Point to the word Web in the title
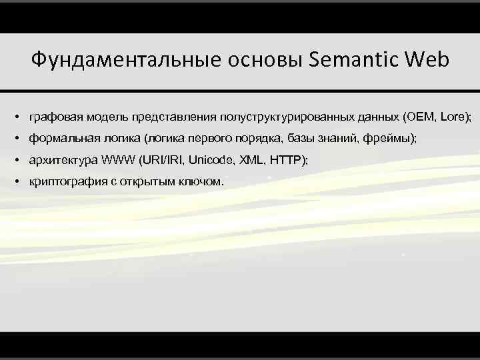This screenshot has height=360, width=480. (427, 61)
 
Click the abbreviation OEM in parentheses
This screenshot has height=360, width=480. (419, 117)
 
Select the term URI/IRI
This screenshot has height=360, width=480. (160, 161)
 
